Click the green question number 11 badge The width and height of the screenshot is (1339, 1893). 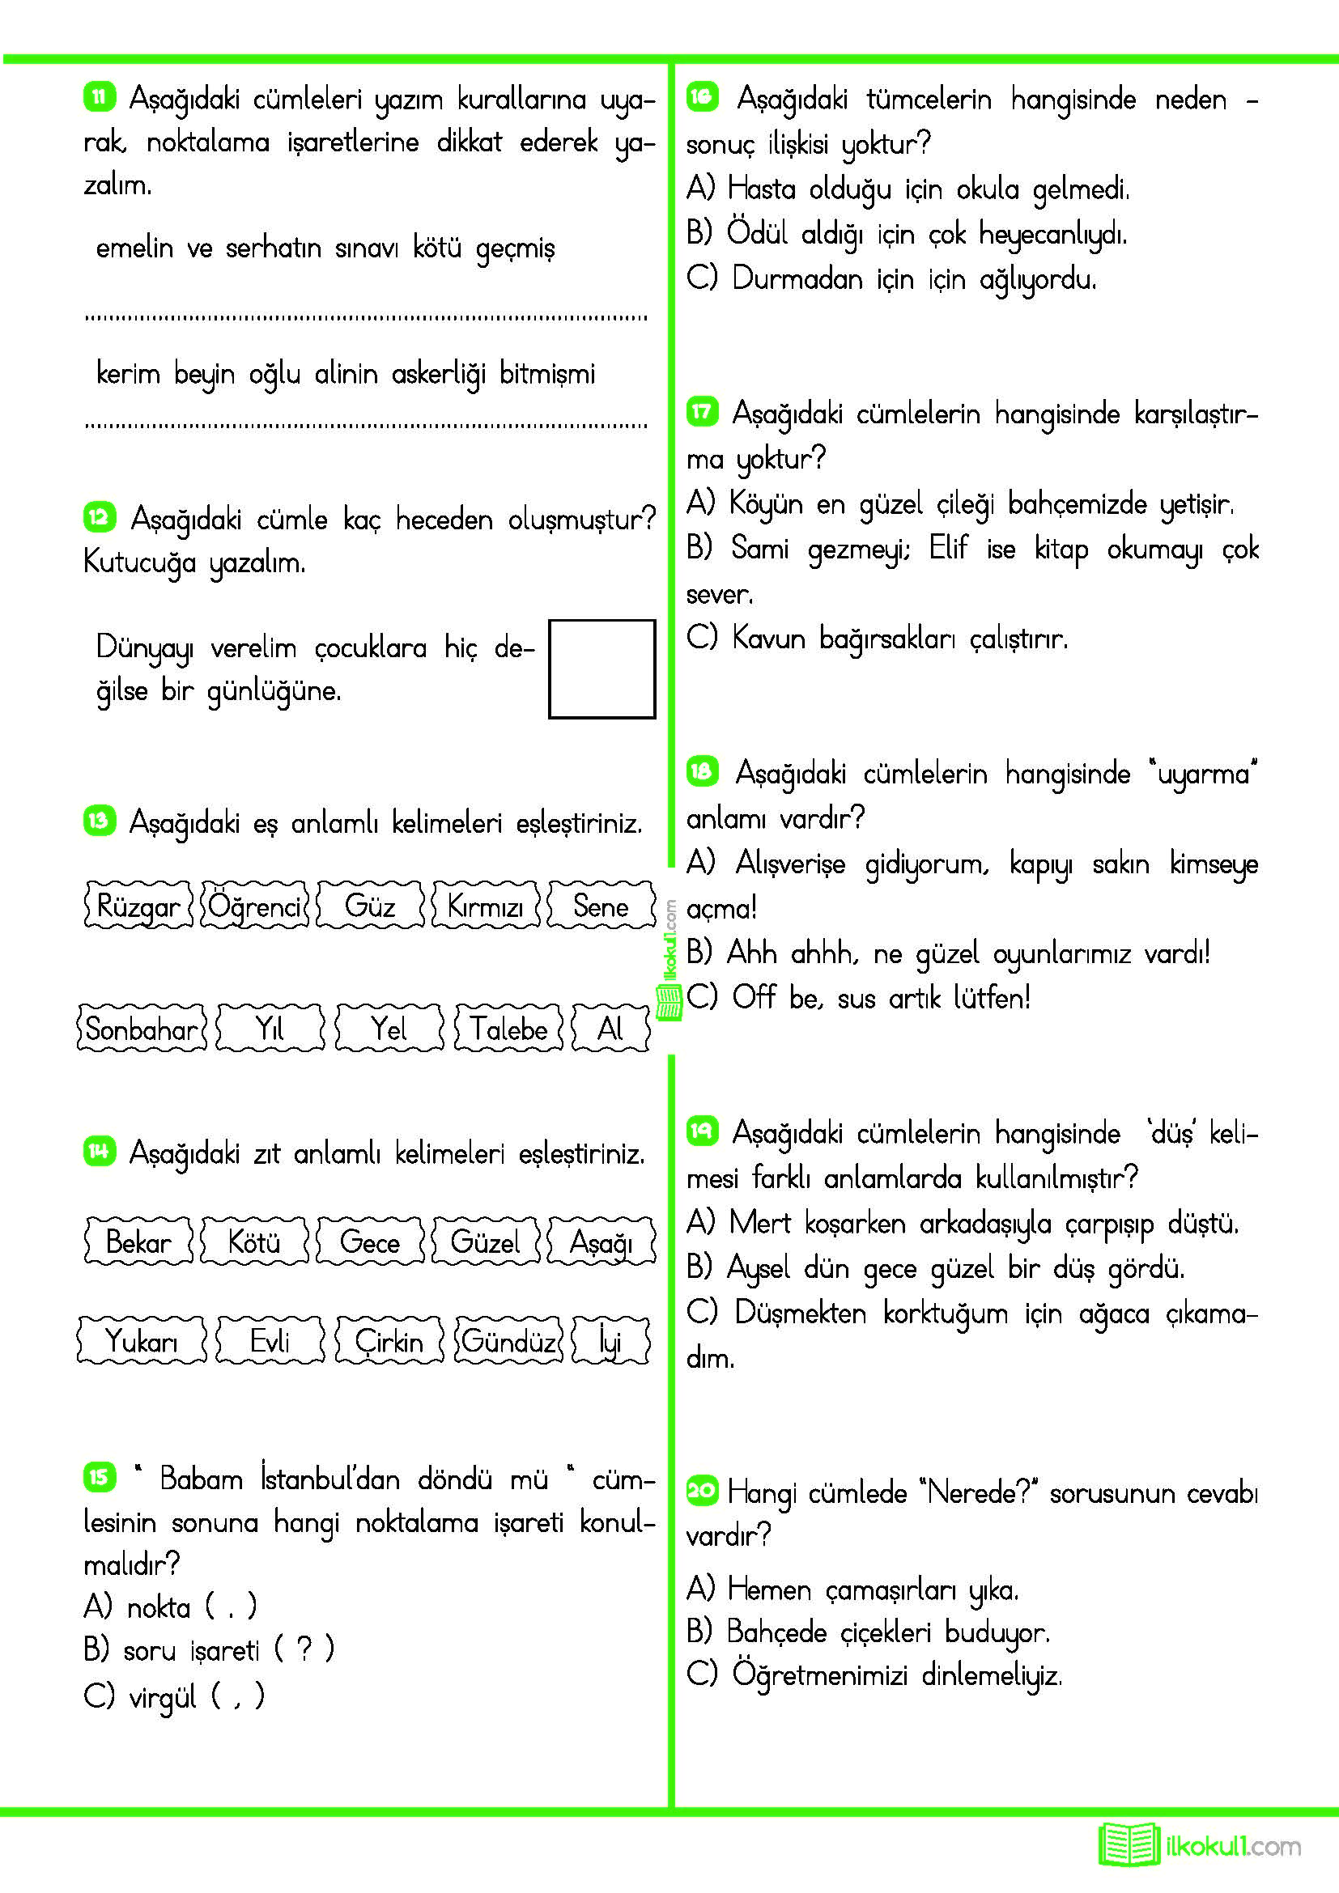[99, 97]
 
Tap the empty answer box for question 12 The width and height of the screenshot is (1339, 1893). [601, 668]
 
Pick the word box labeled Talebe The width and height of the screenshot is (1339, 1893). [508, 1028]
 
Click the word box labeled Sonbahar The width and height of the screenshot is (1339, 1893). [142, 1028]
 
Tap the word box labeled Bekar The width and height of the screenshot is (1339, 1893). [138, 1241]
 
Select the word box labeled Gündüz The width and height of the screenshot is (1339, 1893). [508, 1340]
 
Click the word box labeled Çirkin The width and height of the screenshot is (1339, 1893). [389, 1340]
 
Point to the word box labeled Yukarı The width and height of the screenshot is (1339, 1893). [142, 1340]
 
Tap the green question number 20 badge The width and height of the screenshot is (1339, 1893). [702, 1490]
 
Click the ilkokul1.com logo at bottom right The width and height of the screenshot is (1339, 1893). [1200, 1845]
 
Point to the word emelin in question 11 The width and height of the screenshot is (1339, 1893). [134, 248]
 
